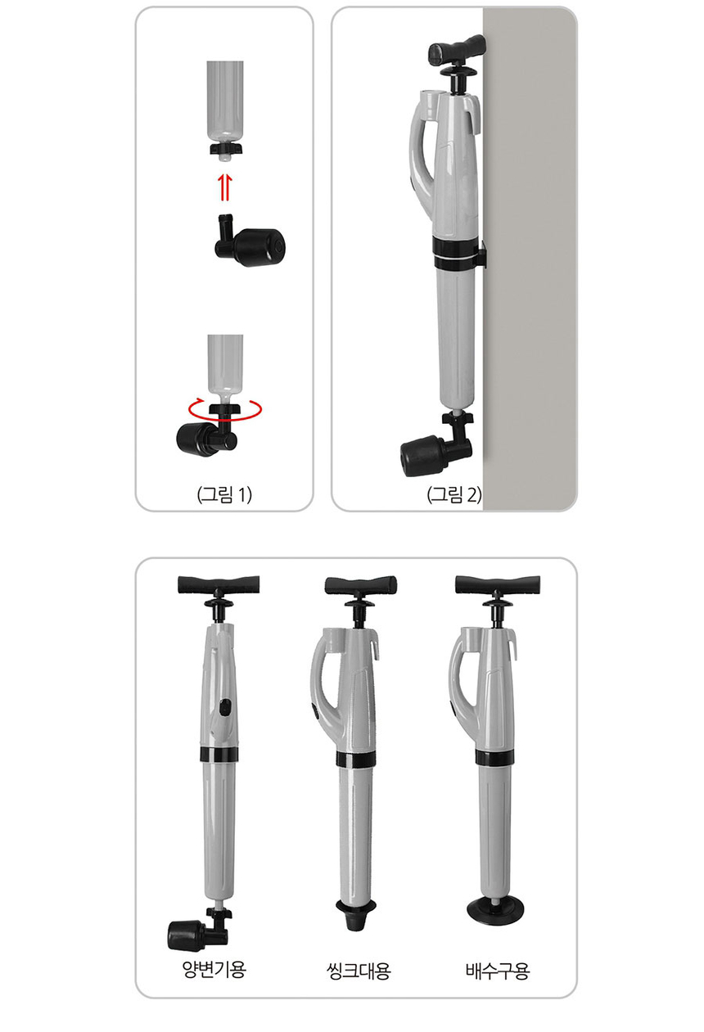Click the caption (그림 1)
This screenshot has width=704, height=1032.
click(x=224, y=495)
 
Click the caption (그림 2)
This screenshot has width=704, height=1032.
click(x=454, y=495)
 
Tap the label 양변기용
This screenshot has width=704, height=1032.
click(x=214, y=969)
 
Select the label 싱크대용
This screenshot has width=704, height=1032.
click(x=358, y=971)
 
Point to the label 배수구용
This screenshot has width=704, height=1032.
click(x=498, y=971)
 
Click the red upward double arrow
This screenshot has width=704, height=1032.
click(x=224, y=188)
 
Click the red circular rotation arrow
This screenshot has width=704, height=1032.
click(x=225, y=408)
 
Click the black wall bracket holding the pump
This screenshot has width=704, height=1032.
click(x=479, y=253)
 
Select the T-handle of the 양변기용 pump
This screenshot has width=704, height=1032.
click(x=219, y=584)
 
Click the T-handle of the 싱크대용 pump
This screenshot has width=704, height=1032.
click(x=361, y=586)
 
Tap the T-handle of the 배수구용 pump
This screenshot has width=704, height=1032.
click(x=498, y=584)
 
